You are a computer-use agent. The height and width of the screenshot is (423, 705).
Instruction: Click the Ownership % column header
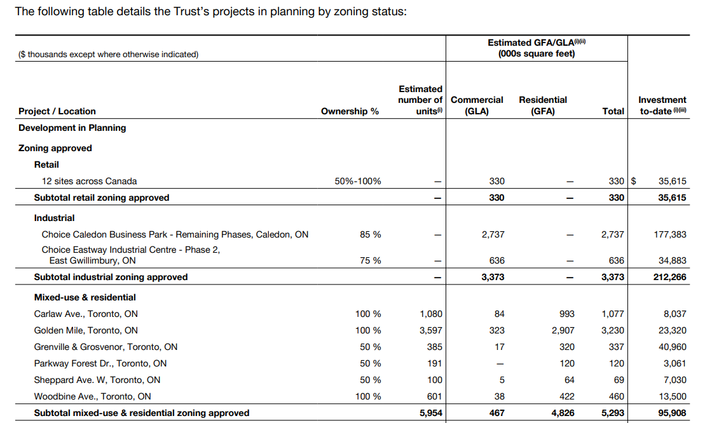pyautogui.click(x=350, y=111)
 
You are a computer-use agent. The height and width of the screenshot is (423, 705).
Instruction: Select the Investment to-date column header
pyautogui.click(x=662, y=105)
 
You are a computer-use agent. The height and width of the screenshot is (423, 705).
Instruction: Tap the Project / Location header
pyautogui.click(x=57, y=111)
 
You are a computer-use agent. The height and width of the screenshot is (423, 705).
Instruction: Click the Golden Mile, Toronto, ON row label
pyautogui.click(x=86, y=330)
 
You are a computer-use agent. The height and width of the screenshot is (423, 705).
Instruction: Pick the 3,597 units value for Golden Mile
pyautogui.click(x=431, y=330)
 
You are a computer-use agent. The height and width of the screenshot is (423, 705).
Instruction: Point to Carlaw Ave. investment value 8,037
pyautogui.click(x=675, y=314)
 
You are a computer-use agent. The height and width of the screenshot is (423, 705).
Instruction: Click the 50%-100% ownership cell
pyautogui.click(x=357, y=181)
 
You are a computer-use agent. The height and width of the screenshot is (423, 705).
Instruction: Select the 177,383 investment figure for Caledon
pyautogui.click(x=670, y=234)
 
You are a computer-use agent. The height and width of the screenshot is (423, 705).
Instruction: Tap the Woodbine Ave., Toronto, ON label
pyautogui.click(x=93, y=396)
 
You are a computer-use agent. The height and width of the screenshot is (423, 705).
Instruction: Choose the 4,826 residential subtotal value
pyautogui.click(x=563, y=413)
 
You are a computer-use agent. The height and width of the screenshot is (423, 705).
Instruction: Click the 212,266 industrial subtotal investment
pyautogui.click(x=670, y=277)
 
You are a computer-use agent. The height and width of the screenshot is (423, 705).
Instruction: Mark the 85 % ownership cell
pyautogui.click(x=370, y=234)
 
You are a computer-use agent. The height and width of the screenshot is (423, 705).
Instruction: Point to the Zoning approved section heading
pyautogui.click(x=55, y=148)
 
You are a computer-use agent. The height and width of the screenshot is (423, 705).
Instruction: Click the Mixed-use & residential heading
pyautogui.click(x=85, y=297)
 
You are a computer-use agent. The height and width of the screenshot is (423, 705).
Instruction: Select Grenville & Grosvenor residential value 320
pyautogui.click(x=567, y=347)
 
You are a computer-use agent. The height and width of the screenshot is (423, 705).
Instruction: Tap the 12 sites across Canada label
pyautogui.click(x=89, y=181)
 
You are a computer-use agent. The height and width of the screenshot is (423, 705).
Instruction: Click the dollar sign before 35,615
pyautogui.click(x=634, y=181)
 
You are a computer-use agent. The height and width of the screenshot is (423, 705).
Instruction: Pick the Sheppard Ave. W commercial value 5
pyautogui.click(x=502, y=380)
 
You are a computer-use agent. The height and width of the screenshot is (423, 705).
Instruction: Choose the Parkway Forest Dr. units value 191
pyautogui.click(x=435, y=363)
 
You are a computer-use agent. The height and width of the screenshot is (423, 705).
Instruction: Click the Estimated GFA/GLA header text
pyautogui.click(x=537, y=48)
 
